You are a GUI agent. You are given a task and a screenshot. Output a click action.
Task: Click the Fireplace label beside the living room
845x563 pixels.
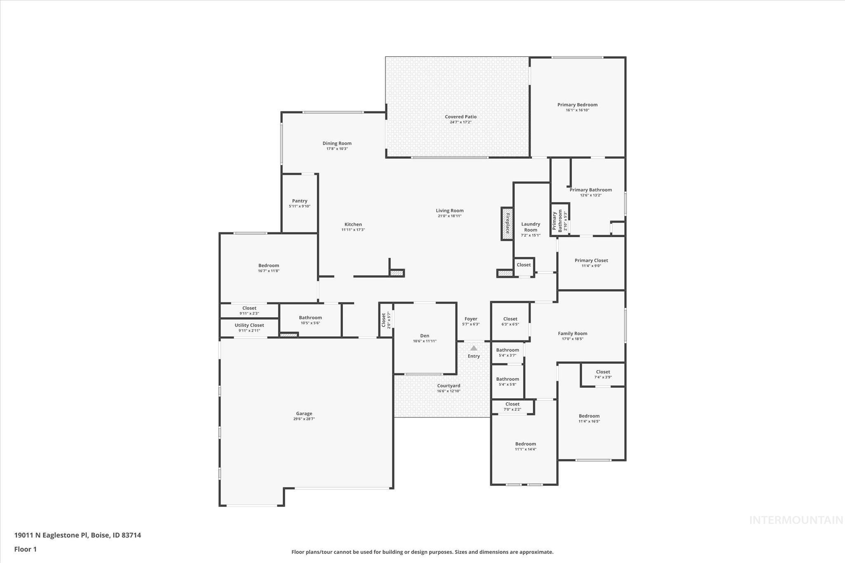pos(507,224)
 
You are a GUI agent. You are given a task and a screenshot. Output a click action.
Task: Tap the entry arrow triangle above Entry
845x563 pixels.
pos(474,348)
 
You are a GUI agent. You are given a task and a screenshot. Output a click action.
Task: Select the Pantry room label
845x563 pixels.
pos(300,201)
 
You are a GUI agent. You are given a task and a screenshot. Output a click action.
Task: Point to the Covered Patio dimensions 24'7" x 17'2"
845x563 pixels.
pos(460,122)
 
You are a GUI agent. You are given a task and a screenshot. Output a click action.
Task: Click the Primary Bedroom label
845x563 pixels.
pos(577,105)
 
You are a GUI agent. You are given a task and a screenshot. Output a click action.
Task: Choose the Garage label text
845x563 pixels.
pos(304,413)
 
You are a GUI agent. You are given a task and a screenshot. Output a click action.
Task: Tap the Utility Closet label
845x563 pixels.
pos(249,325)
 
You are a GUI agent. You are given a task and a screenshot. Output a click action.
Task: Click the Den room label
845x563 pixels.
pos(425,336)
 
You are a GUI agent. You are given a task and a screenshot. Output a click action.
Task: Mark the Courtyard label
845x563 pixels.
pos(448,386)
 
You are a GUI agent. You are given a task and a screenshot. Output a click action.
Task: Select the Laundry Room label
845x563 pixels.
pos(531,227)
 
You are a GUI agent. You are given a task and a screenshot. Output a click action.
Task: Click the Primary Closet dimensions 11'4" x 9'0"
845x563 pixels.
pos(591,266)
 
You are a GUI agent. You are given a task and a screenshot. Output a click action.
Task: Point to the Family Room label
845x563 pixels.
pos(572,333)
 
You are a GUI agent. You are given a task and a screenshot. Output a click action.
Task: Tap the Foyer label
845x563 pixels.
pos(471,319)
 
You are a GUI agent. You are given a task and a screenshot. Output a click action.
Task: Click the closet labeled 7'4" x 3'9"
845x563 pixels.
pos(603,372)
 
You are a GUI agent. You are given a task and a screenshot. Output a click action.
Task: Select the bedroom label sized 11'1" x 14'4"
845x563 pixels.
pos(525,444)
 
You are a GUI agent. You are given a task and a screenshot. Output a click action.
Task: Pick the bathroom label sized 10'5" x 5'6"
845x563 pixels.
pos(310,318)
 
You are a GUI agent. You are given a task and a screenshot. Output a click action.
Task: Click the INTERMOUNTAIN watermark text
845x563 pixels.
pos(796,520)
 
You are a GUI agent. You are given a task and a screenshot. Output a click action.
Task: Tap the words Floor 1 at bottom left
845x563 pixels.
pos(26,549)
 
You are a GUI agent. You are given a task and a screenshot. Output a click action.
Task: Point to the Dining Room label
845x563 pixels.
pos(337,143)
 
